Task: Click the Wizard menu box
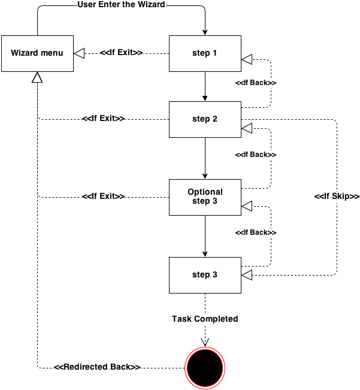(37, 53)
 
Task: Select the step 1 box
(205, 53)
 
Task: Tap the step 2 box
(205, 119)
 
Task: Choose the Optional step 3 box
(205, 196)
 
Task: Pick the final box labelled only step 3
(205, 275)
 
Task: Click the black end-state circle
(205, 367)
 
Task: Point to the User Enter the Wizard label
(121, 5)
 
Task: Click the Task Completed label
(205, 319)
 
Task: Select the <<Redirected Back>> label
(97, 367)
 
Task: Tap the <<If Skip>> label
(337, 196)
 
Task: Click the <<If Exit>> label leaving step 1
(121, 53)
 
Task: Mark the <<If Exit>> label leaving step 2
(103, 119)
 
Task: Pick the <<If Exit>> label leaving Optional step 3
(103, 196)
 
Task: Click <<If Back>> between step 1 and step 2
(255, 82)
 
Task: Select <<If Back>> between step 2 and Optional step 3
(255, 155)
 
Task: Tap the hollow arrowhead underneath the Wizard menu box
(37, 77)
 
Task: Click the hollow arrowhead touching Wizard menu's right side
(80, 53)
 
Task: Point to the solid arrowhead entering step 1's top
(205, 32)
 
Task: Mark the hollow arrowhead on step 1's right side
(247, 59)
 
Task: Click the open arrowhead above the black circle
(205, 341)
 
